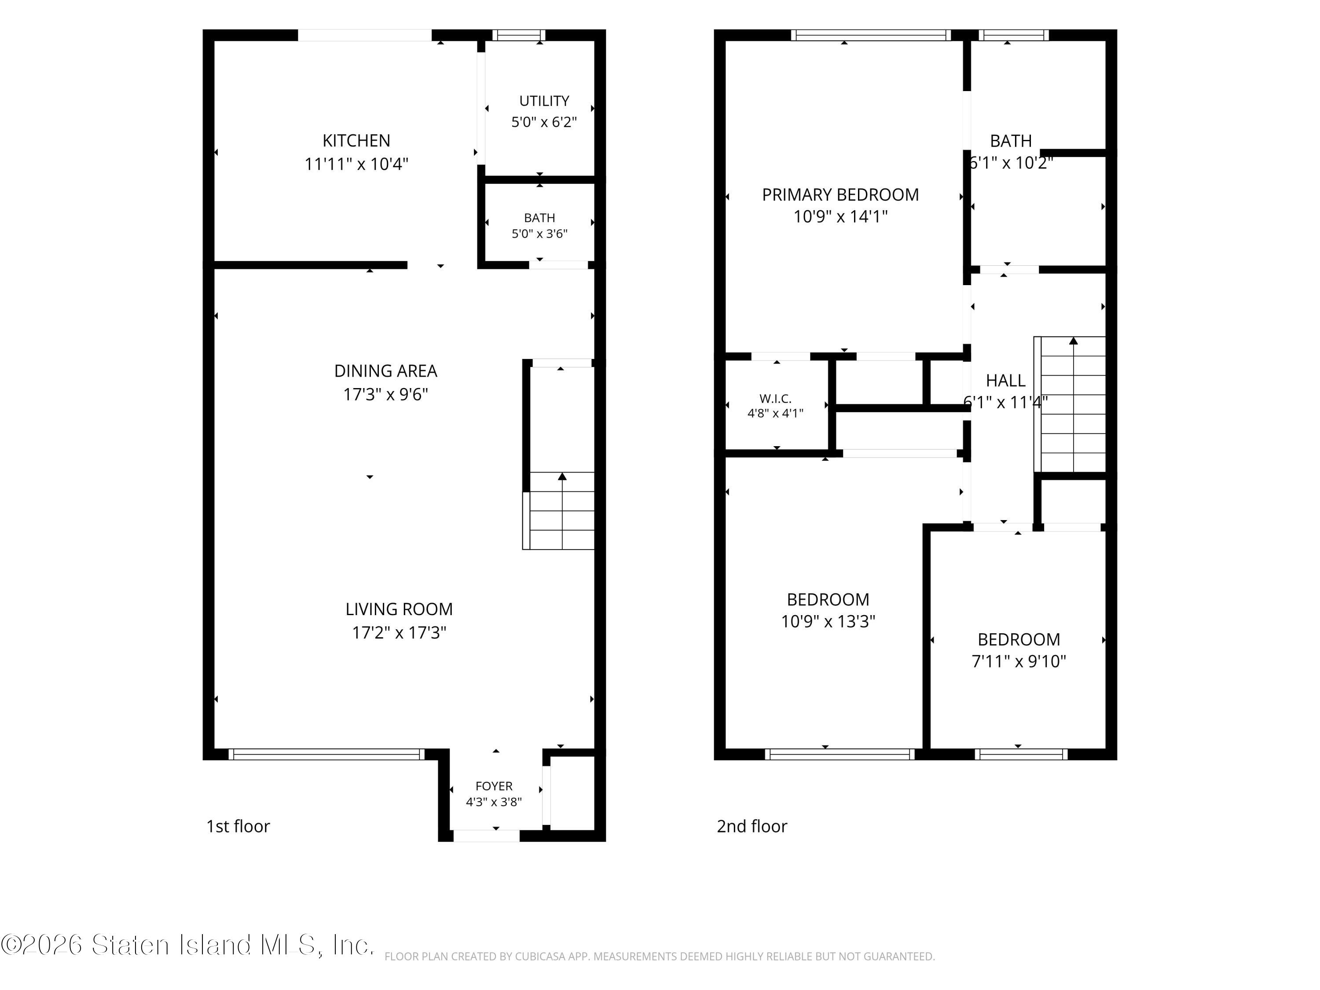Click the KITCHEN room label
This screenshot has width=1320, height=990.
356,141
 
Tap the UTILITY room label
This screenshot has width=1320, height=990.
544,101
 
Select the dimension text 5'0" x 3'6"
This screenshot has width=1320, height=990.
539,233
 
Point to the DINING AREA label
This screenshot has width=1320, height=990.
385,371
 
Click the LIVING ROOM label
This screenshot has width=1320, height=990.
399,609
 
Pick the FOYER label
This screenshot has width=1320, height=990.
494,786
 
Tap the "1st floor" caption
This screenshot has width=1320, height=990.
238,826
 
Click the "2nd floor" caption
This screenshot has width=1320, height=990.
752,826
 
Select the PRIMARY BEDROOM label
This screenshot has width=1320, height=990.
840,194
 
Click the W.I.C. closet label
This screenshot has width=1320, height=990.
776,399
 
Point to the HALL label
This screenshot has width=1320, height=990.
1005,380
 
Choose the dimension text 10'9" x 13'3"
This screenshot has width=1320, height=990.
828,622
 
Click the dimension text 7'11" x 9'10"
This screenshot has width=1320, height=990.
1019,661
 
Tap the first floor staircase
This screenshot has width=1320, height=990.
558,511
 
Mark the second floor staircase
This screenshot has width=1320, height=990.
1070,405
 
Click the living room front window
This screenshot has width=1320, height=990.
326,754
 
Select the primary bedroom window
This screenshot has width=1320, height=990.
871,35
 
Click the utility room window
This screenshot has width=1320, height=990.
519,35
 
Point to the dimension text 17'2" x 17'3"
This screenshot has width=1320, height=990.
399,633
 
